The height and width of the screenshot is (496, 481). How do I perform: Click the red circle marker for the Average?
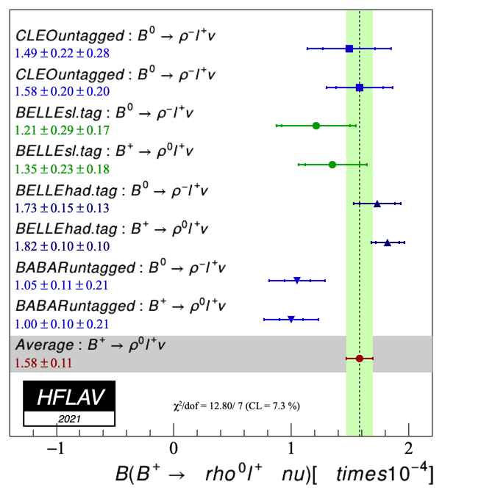pos(360,359)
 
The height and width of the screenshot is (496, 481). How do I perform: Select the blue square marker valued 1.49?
pos(349,48)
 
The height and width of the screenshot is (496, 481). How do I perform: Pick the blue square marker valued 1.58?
pos(360,87)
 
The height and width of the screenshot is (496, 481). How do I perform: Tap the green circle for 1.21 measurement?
pos(316,126)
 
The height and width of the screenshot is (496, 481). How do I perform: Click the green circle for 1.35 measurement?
pos(332,165)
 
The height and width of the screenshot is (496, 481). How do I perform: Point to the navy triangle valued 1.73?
pos(377,204)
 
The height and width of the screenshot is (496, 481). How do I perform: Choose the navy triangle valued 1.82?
pos(388,242)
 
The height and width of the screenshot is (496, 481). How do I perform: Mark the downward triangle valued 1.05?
pos(297,280)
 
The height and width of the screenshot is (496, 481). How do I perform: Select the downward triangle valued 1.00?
pos(291,319)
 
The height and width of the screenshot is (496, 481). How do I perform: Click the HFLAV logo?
pos(69,397)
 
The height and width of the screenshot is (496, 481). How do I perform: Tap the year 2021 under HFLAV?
pos(68,419)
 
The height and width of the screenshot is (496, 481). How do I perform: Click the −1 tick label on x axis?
pos(56,449)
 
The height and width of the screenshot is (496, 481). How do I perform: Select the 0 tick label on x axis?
pos(174,449)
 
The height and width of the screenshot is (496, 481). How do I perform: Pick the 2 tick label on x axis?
pos(408,449)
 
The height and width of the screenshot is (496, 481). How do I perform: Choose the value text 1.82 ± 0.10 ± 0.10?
pos(62,245)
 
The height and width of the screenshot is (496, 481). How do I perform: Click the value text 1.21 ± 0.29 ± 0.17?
pos(62,130)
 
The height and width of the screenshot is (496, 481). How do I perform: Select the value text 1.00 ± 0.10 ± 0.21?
pos(62,323)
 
